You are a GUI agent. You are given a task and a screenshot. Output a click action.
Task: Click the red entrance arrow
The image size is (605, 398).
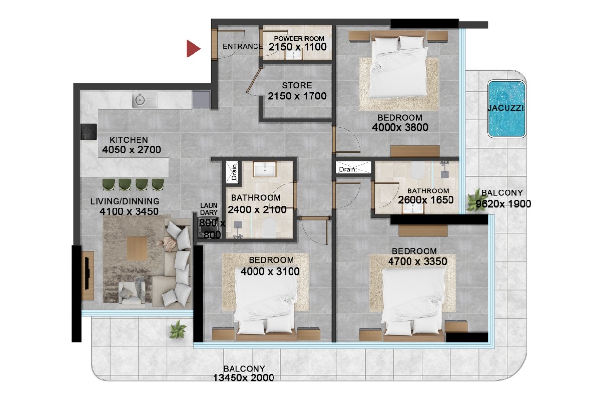point(193,49)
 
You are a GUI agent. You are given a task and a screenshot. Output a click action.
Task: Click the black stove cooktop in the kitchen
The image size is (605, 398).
point(88,132)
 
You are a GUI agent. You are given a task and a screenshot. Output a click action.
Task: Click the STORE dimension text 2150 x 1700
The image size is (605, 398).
point(297,96)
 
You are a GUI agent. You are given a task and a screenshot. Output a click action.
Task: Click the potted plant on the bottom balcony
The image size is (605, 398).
point(177,330)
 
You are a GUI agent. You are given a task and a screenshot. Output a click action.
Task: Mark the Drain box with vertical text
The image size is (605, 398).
point(233,171)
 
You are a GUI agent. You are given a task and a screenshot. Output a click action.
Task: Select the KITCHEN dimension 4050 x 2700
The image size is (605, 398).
point(132,150)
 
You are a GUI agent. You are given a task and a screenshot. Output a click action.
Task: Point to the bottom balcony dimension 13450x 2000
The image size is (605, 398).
point(243,378)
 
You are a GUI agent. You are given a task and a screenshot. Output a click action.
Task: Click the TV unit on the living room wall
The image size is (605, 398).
point(88,275)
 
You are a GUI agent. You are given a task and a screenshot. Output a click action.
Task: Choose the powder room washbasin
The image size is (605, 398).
point(293,55)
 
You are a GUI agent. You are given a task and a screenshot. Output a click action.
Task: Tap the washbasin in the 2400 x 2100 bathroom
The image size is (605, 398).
point(265,169)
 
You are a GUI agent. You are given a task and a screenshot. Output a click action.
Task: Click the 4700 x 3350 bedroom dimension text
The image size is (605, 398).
point(417,261)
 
